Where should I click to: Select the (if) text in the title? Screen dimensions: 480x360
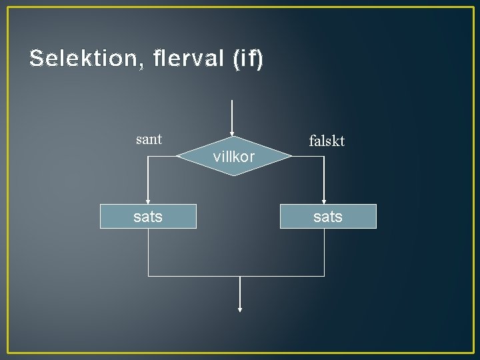click(248, 59)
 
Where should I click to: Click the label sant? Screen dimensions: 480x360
click(149, 139)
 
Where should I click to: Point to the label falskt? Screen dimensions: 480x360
click(327, 141)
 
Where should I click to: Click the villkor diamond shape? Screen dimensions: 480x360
click(233, 157)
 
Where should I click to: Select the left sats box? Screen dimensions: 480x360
click(148, 216)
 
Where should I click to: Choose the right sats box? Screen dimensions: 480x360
click(328, 216)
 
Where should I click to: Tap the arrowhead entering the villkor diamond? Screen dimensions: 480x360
click(232, 133)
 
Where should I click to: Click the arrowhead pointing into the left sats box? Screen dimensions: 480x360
click(148, 201)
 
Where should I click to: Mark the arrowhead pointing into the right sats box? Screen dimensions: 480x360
click(324, 201)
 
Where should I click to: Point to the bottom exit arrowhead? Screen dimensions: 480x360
click(239, 309)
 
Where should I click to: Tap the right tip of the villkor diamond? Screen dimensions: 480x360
click(291, 157)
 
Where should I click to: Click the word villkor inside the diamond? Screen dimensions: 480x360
click(233, 157)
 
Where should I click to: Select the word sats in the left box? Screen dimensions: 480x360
click(148, 216)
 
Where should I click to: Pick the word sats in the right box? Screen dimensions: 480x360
click(328, 216)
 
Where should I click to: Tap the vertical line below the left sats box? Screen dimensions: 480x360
click(148, 252)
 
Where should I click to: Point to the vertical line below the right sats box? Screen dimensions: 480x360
click(324, 252)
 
